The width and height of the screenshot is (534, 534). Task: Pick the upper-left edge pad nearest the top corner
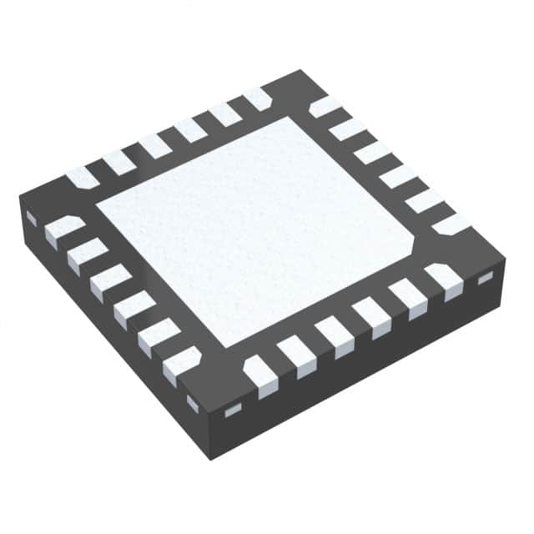(258, 99)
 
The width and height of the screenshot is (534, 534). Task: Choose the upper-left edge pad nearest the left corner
(83, 177)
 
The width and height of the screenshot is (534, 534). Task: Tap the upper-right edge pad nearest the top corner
(325, 107)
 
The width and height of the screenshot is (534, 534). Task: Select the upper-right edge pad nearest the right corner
(451, 224)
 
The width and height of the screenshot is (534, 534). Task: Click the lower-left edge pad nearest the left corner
(64, 230)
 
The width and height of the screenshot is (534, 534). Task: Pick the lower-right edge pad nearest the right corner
(444, 280)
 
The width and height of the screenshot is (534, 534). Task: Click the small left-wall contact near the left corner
(32, 219)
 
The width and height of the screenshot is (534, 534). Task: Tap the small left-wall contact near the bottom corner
(193, 403)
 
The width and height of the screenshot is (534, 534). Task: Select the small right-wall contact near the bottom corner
(233, 409)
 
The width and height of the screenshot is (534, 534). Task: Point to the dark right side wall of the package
(367, 375)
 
